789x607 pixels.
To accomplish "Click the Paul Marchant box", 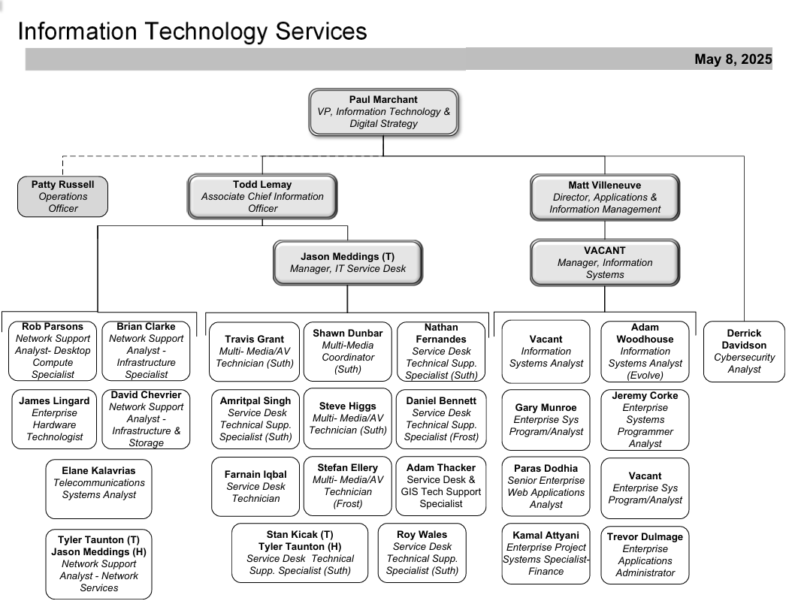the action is pos(383,112).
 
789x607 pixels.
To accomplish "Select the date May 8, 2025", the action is pos(733,59).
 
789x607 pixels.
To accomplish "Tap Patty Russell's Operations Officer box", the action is pos(63,197).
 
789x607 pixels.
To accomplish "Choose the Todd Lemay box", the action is pos(262,197).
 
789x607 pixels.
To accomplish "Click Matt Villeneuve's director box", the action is pos(605,197).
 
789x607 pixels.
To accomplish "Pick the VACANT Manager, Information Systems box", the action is pos(605,262).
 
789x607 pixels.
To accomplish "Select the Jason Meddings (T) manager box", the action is pos(348,262).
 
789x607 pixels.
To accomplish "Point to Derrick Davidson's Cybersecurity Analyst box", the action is pos(744,352).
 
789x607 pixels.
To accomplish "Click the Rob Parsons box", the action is pos(53,351).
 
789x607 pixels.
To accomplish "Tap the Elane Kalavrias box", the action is pos(98,489).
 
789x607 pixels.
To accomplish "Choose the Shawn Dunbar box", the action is pos(348,352).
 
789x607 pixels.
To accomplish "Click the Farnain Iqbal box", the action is pos(255,486).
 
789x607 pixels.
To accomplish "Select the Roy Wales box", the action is pos(422,553).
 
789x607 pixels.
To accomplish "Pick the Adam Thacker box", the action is pos(441,486).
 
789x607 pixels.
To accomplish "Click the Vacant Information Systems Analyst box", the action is pos(546,352).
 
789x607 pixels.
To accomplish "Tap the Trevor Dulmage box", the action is pos(645,555).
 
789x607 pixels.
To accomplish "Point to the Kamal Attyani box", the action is pos(546,554).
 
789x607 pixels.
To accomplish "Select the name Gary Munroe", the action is pos(546,407).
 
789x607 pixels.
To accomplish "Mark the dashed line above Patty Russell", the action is pos(222,156).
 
